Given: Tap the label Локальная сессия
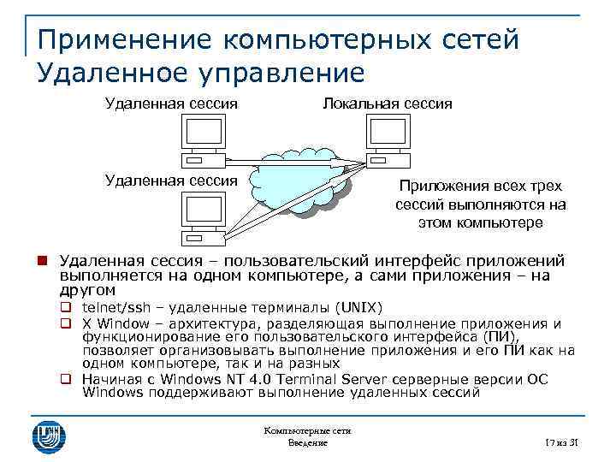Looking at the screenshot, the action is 387,104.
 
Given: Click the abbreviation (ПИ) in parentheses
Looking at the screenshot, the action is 503,336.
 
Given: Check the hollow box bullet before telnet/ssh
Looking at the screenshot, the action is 64,308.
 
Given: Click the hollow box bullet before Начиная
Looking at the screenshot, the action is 64,379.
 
